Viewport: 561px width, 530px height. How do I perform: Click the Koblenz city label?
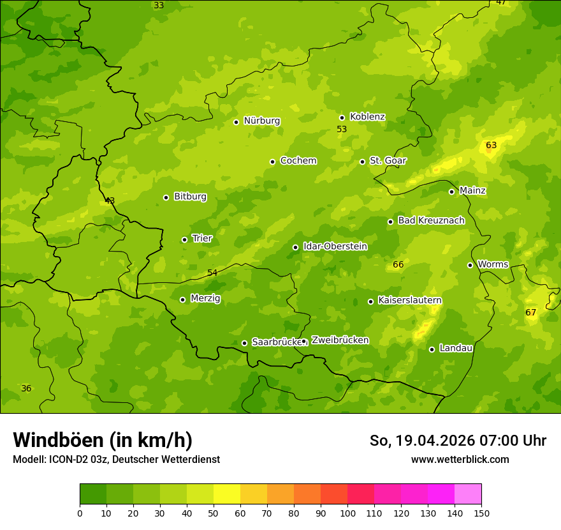pos(367,117)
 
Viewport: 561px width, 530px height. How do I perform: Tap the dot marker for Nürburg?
pos(236,122)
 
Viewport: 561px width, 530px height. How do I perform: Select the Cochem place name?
pos(298,161)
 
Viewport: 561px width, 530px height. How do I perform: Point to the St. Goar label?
pos(388,161)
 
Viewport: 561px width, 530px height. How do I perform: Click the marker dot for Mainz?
pos(451,192)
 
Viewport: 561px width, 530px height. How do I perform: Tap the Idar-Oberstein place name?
pos(335,246)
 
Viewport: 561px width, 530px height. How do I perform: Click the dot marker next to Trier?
pos(184,239)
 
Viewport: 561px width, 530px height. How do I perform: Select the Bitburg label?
pos(190,197)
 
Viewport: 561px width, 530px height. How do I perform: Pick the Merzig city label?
pos(205,298)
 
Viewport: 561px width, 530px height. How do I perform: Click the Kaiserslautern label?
pos(410,300)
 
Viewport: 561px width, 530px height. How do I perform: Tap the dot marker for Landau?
pos(432,349)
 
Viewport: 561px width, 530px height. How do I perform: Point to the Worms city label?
pos(493,264)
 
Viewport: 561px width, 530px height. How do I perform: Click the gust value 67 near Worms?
pos(530,312)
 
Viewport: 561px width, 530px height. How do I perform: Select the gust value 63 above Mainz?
pos(491,146)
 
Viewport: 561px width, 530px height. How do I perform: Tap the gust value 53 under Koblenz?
pos(342,129)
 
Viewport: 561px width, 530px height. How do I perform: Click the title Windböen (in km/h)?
pos(103,440)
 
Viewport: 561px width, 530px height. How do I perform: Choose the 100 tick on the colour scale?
pos(347,513)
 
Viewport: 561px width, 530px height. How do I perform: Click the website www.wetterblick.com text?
pos(460,459)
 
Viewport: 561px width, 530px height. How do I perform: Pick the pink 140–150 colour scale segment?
pos(468,494)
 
